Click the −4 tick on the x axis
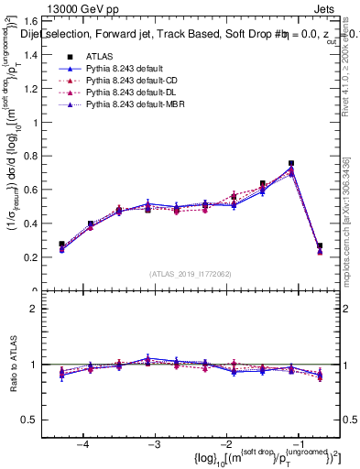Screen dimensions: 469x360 [82, 444]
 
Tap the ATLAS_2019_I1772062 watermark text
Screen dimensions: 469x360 [190, 274]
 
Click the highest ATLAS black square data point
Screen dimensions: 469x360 [291, 163]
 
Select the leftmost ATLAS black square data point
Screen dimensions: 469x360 [61, 245]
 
